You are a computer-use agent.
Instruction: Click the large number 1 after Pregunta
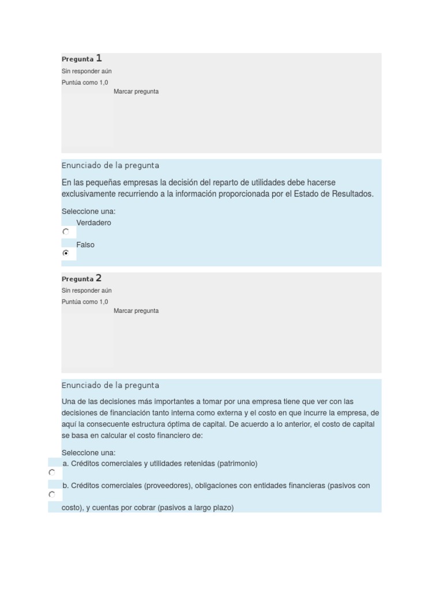click(99, 58)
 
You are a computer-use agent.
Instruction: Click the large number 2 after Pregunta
click(99, 278)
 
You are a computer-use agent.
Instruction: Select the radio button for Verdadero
click(66, 231)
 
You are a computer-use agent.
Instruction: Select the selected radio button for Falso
click(66, 253)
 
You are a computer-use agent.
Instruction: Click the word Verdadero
click(93, 223)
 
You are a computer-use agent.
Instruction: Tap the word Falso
click(85, 245)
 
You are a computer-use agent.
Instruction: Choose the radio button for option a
click(52, 472)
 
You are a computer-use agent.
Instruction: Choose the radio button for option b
click(52, 494)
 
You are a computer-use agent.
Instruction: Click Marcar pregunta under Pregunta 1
click(136, 92)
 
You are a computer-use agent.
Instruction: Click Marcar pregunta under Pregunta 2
click(136, 311)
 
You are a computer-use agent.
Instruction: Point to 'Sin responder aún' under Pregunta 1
click(87, 71)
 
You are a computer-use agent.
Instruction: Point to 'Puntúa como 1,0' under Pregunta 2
click(85, 302)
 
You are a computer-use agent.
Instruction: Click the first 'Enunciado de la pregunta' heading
click(110, 166)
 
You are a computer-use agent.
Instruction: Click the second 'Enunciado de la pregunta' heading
click(110, 385)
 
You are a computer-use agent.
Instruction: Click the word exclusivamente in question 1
click(91, 194)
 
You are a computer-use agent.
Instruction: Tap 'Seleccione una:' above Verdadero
click(88, 211)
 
